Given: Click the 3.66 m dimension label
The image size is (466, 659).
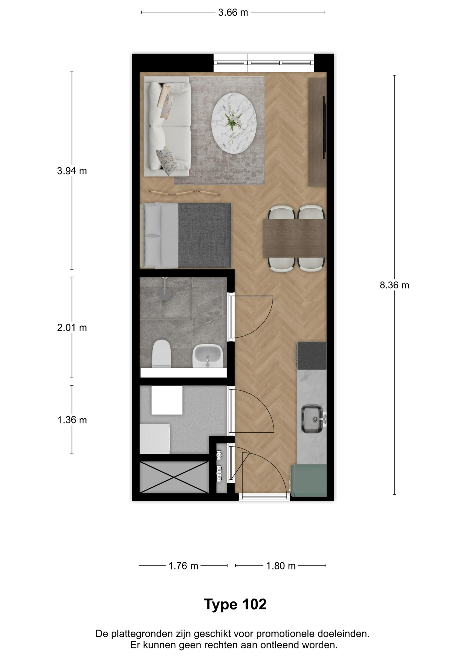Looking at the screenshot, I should [x=233, y=12].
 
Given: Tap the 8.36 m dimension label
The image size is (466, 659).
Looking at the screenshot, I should [x=394, y=285].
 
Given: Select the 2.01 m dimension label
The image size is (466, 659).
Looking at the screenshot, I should [x=72, y=328].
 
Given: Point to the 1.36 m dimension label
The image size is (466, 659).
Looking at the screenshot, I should [x=72, y=420].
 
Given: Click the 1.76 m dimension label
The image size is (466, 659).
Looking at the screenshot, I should [x=183, y=566].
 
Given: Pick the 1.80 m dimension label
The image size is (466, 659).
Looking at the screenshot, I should [x=281, y=566].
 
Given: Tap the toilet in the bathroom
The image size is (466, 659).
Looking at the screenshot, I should [x=162, y=354].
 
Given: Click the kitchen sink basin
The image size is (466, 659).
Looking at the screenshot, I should [x=312, y=419].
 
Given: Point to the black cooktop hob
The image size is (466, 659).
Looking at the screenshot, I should [x=312, y=356].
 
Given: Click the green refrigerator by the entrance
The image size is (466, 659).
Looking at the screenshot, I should [x=308, y=480].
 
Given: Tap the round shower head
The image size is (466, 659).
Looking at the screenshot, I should [x=165, y=294].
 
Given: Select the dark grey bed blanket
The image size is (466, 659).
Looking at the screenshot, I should [x=205, y=235].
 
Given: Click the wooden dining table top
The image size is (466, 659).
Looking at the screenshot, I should [x=294, y=239].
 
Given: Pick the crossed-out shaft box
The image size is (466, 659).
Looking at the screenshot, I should [x=174, y=477].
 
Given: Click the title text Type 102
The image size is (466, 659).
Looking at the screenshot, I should [x=235, y=604].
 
